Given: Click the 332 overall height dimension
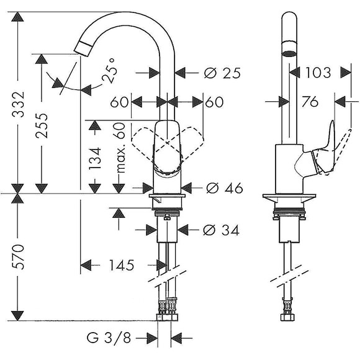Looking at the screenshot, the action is (x=18, y=104).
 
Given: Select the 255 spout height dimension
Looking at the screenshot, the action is (x=42, y=125).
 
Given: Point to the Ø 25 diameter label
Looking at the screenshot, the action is (x=222, y=73).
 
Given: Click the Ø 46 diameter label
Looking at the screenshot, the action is (x=224, y=188).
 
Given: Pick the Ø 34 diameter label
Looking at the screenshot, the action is (x=221, y=230).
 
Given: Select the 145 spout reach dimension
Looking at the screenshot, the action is (x=122, y=265).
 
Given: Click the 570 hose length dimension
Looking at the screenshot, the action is (x=18, y=257).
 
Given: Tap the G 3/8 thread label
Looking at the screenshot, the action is (x=109, y=338).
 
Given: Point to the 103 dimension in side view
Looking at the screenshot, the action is (x=318, y=73).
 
